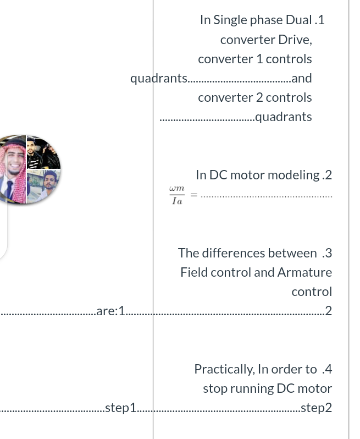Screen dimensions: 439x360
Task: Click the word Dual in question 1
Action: pos(298,20)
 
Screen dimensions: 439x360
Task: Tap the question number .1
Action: pos(319,20)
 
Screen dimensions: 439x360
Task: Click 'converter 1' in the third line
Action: pos(235,59)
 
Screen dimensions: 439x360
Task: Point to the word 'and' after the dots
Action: pos(302,78)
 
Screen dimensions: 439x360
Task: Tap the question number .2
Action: pos(327,175)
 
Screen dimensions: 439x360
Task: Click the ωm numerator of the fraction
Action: pos(176,189)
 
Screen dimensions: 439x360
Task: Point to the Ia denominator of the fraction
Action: pos(176,201)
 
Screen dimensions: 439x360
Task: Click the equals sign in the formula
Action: pos(193,195)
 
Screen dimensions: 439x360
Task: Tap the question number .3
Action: pos(327,253)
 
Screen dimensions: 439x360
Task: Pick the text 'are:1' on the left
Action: pos(110,311)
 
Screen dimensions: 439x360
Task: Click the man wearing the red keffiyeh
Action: pos(12,168)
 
